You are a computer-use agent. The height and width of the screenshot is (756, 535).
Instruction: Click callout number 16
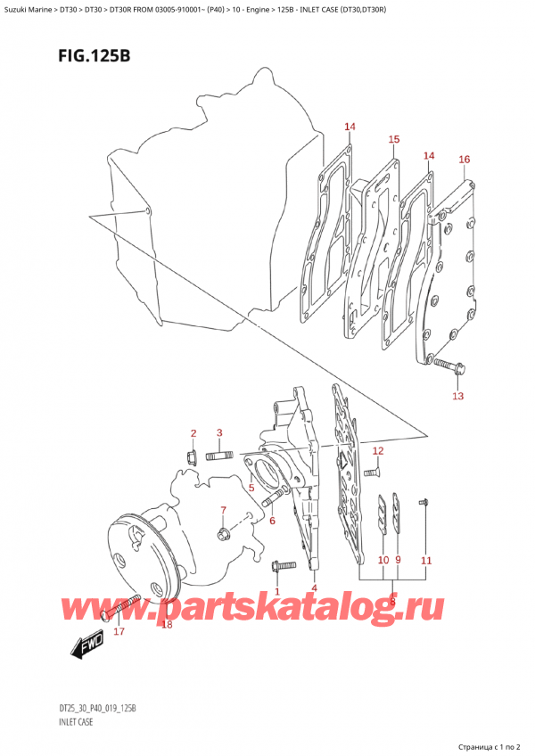pos(464,160)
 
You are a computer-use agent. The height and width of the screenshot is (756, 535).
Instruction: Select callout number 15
pos(393,139)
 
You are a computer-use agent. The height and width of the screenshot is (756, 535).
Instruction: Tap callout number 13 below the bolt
pos(457,396)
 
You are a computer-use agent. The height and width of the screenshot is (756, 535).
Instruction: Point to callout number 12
pos(377,450)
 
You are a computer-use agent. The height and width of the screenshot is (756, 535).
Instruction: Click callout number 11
pos(426,560)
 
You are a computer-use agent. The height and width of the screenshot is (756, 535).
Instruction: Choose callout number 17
pos(119,632)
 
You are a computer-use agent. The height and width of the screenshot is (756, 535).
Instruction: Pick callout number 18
pos(167,624)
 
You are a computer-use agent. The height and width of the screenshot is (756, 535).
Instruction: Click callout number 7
pos(225,511)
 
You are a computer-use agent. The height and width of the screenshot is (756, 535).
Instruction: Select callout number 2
pos(192,433)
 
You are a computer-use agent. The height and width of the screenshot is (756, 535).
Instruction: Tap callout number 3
pos(219,433)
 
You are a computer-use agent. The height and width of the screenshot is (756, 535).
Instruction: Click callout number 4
pos(314,588)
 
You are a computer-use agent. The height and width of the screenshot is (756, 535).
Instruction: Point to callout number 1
pos(277,591)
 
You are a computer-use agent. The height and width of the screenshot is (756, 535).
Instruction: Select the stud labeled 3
pos(218,458)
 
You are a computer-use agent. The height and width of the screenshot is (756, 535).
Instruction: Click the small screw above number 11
pos(424,505)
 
